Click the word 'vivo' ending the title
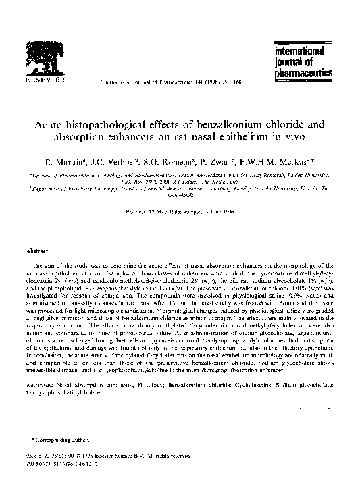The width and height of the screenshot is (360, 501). pos(295,137)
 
